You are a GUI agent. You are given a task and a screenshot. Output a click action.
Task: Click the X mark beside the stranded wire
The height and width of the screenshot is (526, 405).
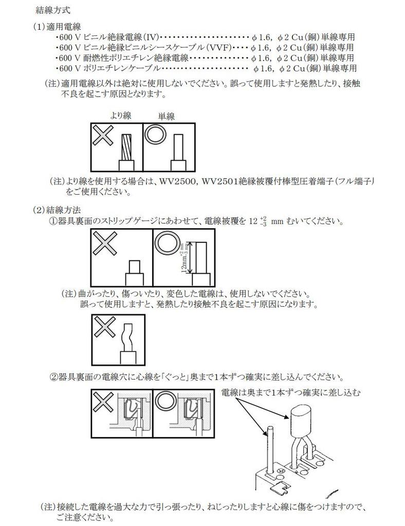[x=103, y=136]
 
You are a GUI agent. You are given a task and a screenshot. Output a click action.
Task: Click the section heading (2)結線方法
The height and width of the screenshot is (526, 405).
[x=57, y=210]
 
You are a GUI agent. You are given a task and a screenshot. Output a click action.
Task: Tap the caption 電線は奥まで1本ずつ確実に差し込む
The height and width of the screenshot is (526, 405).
[x=291, y=392]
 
